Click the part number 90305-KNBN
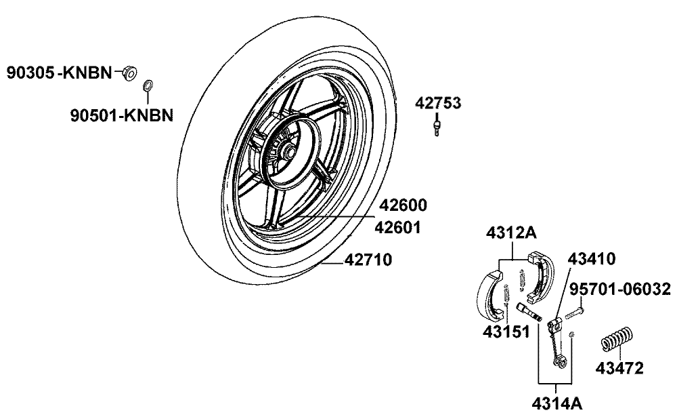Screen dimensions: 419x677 coord(60,73)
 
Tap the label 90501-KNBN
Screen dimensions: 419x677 coord(122,115)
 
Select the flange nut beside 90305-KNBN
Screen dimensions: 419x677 coord(129,73)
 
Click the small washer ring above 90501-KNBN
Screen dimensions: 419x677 coord(146,86)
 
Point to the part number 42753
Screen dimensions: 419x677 coord(438,104)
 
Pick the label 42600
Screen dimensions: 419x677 coord(403,205)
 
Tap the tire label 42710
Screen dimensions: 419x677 coord(369,259)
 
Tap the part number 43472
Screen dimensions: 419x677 coord(619,369)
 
